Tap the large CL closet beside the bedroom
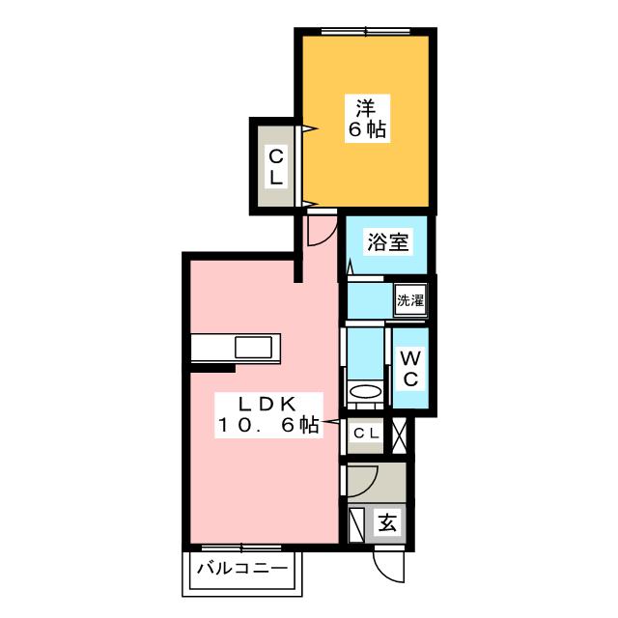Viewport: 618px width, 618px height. [x=276, y=165]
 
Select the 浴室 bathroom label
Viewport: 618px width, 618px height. [x=388, y=242]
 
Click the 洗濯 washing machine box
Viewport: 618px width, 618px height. [x=409, y=300]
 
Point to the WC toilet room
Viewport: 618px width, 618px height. [x=408, y=368]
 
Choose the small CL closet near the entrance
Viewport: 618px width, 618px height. [x=365, y=435]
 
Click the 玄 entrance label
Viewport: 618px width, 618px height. [x=387, y=524]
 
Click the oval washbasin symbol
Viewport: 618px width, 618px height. [x=365, y=392]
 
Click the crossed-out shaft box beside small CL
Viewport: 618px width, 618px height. [x=399, y=435]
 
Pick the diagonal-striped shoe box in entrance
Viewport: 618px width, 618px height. [x=355, y=523]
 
